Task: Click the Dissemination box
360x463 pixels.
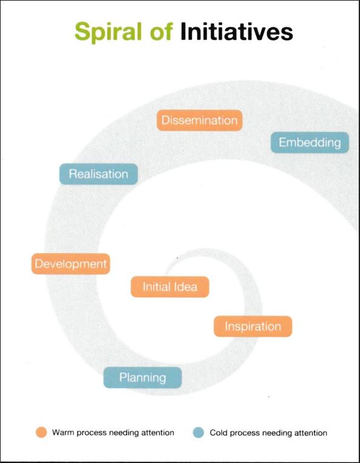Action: (199, 120)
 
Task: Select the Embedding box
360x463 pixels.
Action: (310, 143)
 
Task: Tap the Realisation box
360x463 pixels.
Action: (98, 174)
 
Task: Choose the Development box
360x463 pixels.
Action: (71, 264)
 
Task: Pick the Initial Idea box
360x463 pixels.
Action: (170, 286)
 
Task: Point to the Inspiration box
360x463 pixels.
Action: (253, 326)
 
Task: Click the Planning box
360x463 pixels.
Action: (143, 377)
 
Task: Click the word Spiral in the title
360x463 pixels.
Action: (109, 33)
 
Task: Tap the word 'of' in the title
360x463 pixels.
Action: (161, 32)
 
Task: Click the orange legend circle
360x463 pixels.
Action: (41, 432)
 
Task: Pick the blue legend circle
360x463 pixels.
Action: (199, 433)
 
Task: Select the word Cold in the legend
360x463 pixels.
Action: (219, 433)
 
